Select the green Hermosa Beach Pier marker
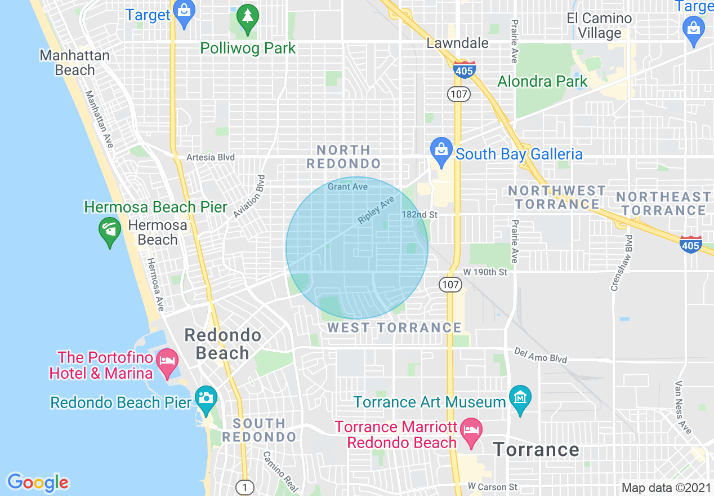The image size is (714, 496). point(109,232)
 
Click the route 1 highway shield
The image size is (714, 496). point(244,486)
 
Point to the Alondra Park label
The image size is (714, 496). point(542,81)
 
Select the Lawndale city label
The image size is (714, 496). point(457,43)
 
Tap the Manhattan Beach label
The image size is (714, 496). point(75,63)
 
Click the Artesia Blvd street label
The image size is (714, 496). point(211,157)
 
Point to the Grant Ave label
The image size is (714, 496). point(347,187)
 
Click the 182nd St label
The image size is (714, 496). point(420,215)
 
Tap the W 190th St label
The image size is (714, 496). point(485,272)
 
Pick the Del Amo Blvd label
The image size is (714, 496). point(541,355)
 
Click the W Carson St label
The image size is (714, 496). point(493,486)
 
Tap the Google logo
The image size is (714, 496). point(38,482)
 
